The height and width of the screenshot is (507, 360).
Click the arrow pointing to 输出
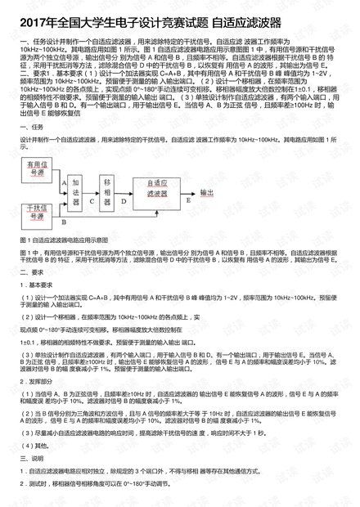(x=193, y=193)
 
